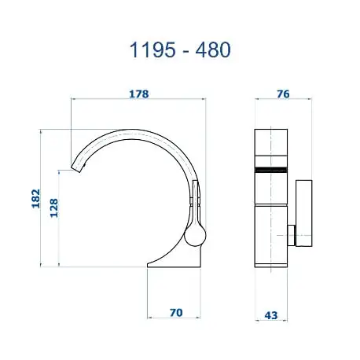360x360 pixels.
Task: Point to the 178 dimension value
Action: point(138,94)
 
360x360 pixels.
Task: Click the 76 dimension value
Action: point(283,94)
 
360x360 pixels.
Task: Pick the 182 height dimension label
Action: point(35,199)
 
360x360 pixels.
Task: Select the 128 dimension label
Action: point(53,208)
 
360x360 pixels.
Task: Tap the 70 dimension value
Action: point(175,313)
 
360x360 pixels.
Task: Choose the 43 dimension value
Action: point(270,314)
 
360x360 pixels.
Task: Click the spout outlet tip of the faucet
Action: point(78,166)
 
